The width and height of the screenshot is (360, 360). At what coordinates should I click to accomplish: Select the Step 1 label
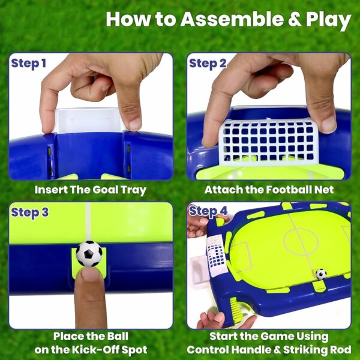point(28,64)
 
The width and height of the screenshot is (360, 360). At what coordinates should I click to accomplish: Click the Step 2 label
point(208,64)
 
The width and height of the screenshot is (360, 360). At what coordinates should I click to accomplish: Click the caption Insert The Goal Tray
point(90,190)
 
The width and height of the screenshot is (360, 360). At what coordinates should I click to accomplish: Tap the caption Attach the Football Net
point(268,190)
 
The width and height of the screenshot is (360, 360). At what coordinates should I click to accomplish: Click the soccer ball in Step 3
point(89,254)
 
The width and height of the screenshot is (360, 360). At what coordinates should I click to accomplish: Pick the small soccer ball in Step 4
point(321,274)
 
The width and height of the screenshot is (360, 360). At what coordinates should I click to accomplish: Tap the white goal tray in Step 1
point(90,121)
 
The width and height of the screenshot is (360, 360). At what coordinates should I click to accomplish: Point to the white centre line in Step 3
point(89,223)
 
